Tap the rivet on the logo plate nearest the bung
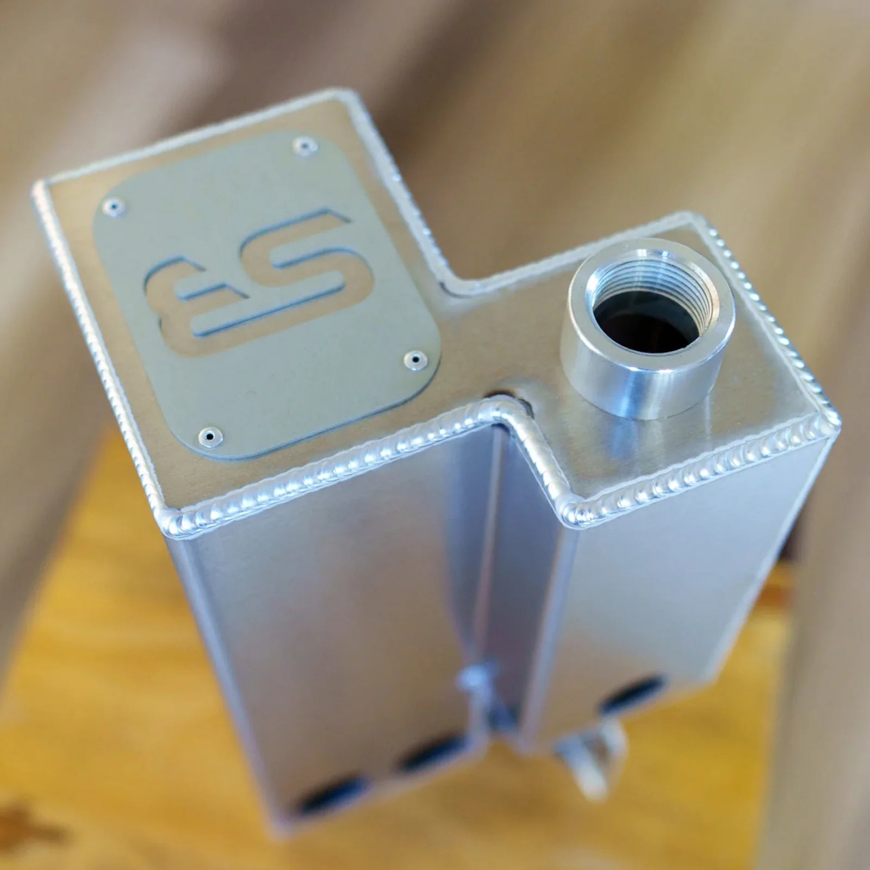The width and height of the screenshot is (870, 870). [x=417, y=358]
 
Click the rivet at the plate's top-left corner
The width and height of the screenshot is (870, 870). [x=115, y=205]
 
